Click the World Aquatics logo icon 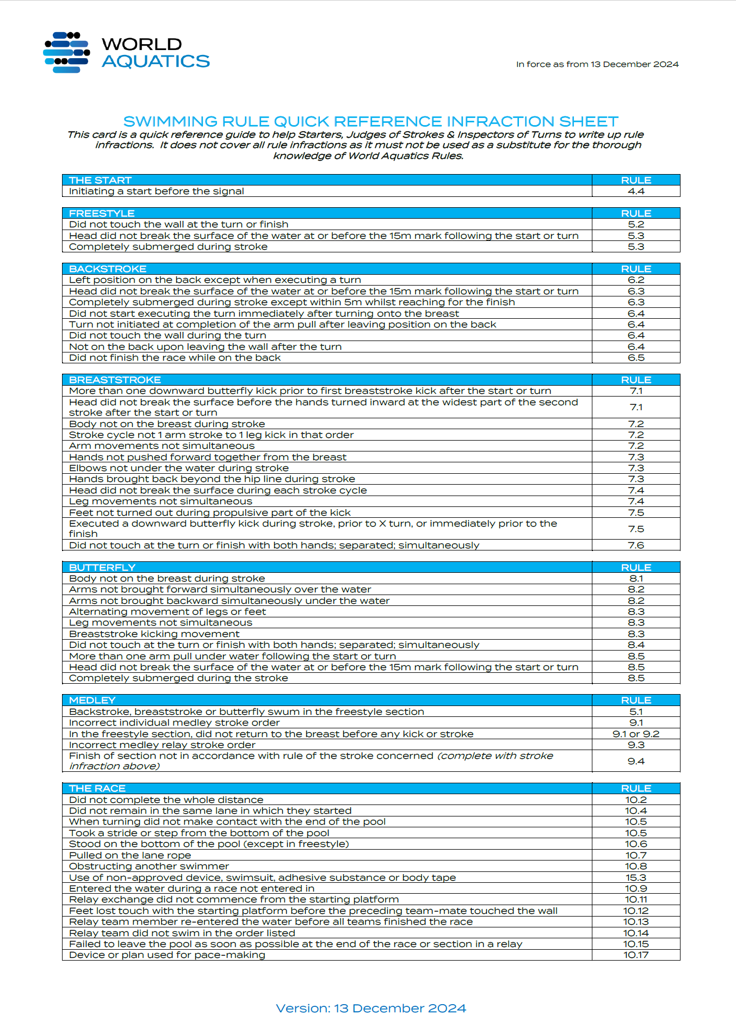66,52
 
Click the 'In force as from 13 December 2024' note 597,64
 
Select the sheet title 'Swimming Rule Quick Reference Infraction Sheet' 370,121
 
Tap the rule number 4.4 635,191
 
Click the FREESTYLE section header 102,213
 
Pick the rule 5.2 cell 635,225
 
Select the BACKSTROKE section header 108,269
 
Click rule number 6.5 635,358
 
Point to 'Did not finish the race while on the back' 175,358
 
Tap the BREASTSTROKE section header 115,380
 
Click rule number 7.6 635,545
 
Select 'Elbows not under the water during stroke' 178,468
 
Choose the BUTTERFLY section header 102,567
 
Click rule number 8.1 635,579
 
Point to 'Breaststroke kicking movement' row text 154,634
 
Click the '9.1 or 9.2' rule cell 635,734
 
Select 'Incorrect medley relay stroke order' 162,745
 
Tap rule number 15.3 635,877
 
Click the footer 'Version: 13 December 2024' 370,1008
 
